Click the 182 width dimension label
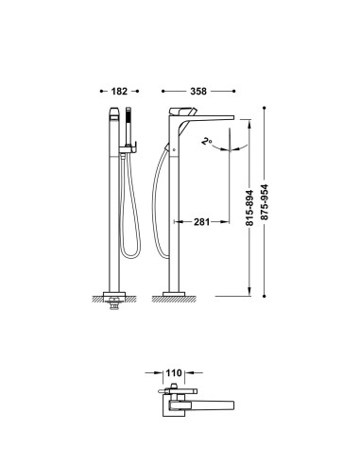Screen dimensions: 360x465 (119, 92)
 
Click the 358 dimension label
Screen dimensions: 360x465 (198, 92)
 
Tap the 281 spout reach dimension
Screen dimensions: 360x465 (201, 222)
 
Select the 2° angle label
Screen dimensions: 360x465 (206, 141)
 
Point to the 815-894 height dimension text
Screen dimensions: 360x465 (249, 208)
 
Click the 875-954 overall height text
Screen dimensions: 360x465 (265, 202)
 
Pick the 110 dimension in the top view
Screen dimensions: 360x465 (174, 373)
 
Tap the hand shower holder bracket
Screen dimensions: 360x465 (128, 148)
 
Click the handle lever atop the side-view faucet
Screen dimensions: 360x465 (182, 112)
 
